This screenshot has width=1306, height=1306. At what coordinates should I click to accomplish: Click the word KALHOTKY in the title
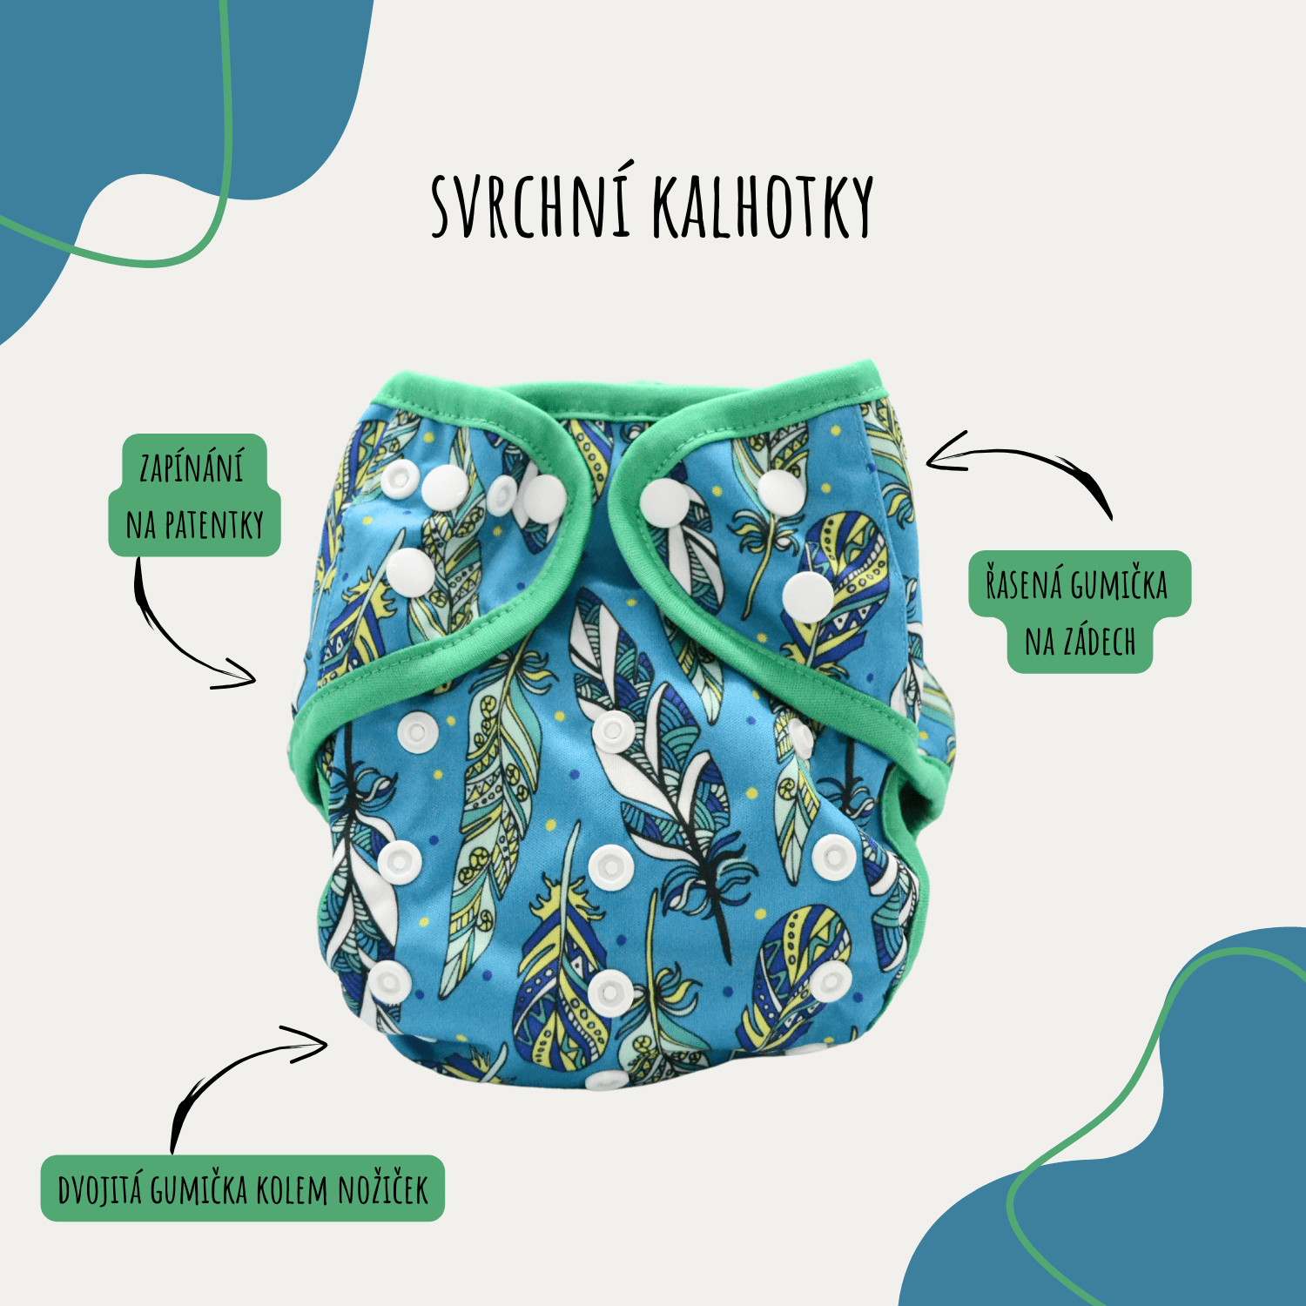tap(763, 207)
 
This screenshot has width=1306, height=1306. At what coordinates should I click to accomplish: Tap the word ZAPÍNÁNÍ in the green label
tap(192, 468)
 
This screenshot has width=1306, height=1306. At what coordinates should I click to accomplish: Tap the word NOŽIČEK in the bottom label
tap(383, 1188)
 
